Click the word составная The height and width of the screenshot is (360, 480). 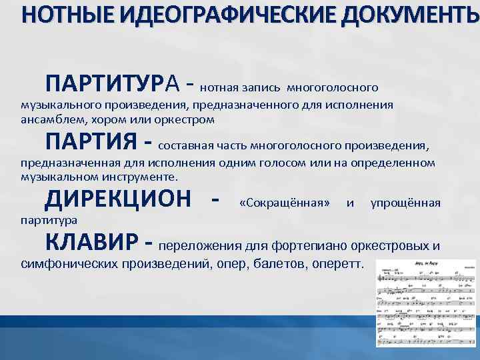(186, 145)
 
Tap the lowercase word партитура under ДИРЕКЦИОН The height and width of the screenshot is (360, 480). (49, 219)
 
